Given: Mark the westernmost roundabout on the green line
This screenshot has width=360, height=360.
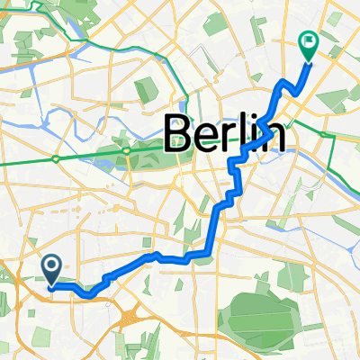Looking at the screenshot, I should coord(56,158).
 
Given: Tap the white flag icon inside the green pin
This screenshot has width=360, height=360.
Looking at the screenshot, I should coord(308,40).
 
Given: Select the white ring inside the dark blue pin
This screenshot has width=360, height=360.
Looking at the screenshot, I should coord(51,264).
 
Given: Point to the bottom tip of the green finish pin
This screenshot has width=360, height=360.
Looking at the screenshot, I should coord(308,62).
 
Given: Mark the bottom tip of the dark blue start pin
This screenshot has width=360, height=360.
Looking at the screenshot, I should coord(51,286).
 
